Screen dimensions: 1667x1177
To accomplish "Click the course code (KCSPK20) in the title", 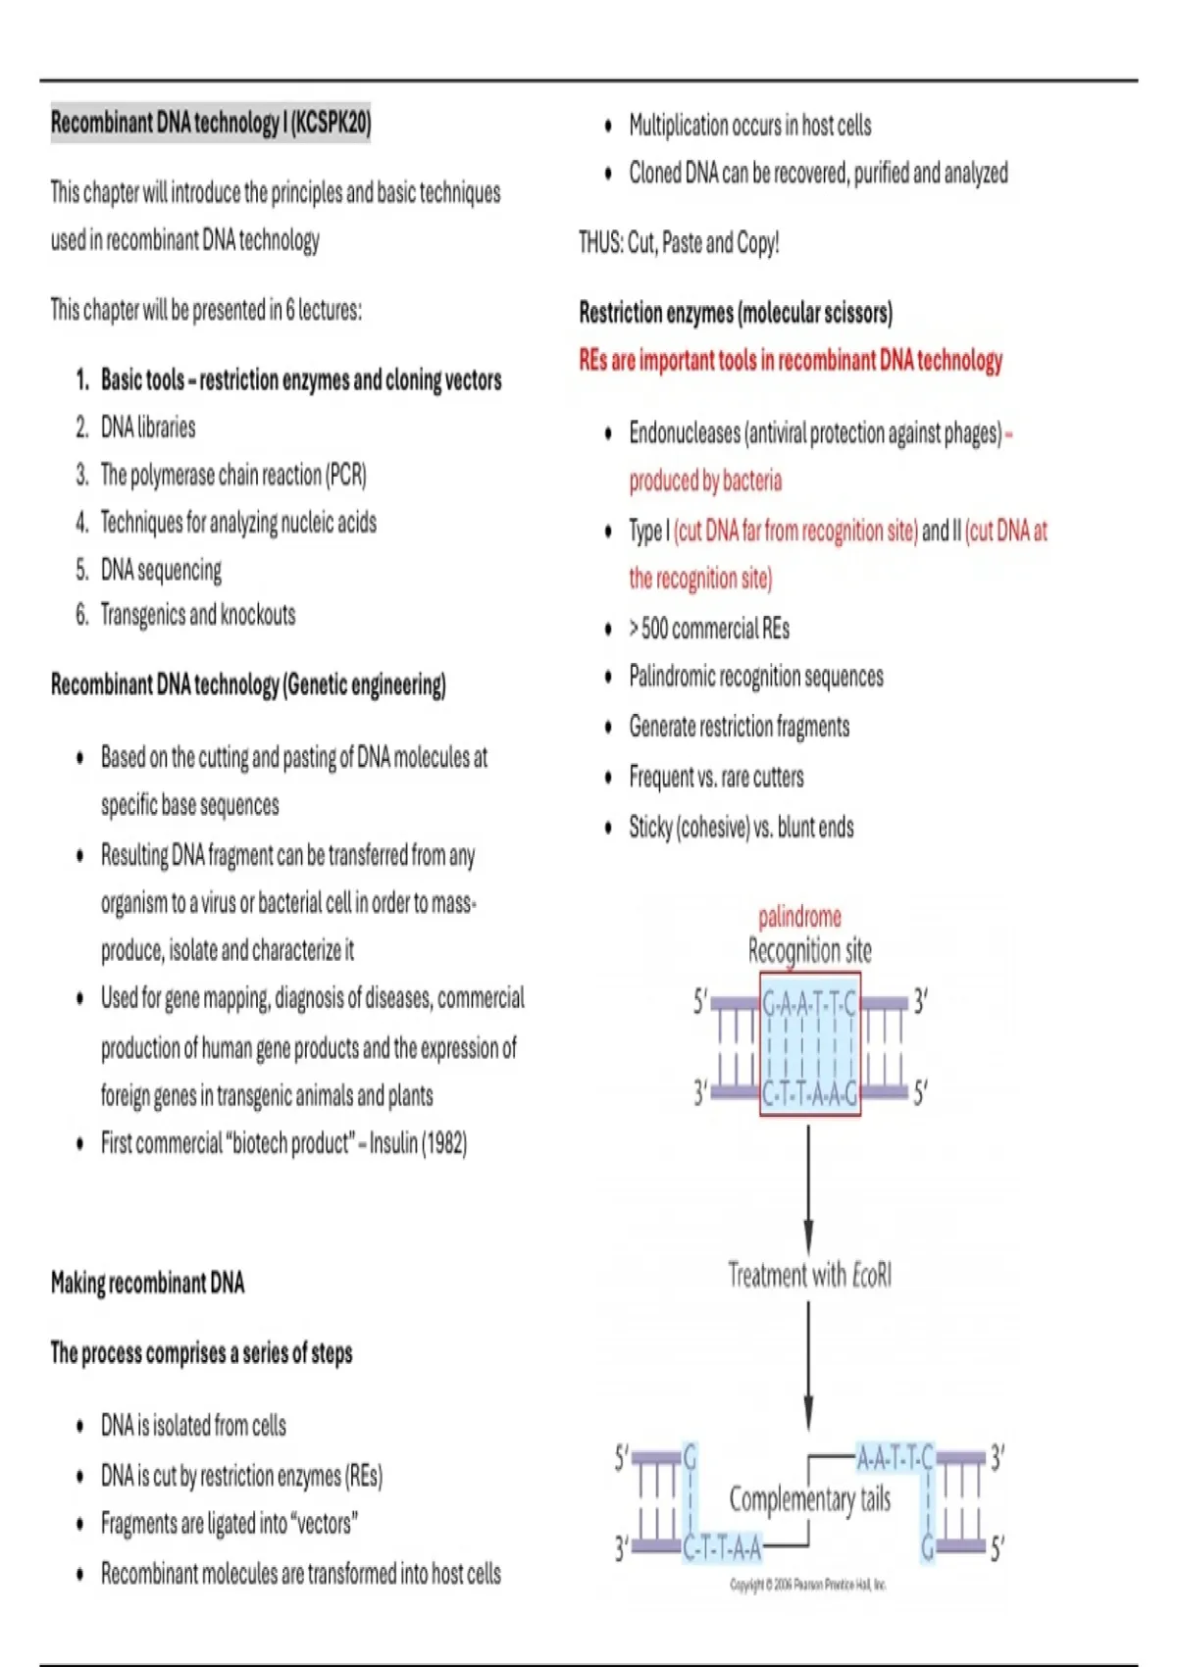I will click(x=331, y=123).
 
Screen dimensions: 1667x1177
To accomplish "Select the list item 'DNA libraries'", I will click(x=148, y=428).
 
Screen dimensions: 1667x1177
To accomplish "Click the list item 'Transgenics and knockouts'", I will click(x=198, y=615).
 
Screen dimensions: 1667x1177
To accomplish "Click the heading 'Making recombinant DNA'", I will click(x=147, y=1283).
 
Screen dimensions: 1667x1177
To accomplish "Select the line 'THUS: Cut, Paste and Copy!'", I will click(x=679, y=243).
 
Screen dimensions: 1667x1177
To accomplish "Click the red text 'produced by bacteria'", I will click(x=705, y=480).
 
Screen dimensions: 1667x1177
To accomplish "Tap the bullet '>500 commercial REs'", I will click(x=709, y=629).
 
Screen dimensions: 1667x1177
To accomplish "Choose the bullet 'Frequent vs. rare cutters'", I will click(x=716, y=778).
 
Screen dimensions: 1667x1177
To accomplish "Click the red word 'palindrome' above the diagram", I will click(x=799, y=917).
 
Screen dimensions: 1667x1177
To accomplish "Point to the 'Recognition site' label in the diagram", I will click(x=809, y=950).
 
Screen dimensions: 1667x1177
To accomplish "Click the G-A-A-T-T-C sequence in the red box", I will click(x=809, y=1003).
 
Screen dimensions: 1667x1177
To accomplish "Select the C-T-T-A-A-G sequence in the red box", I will click(x=809, y=1092).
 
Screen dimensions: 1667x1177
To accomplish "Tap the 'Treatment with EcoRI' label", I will click(x=809, y=1275).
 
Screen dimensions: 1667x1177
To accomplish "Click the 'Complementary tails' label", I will click(x=809, y=1499).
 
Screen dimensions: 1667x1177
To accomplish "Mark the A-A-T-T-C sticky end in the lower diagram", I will click(x=895, y=1458).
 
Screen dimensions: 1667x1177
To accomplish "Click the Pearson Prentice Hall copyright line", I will click(x=808, y=1584).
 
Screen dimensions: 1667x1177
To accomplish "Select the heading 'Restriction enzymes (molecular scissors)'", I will click(x=736, y=313).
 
